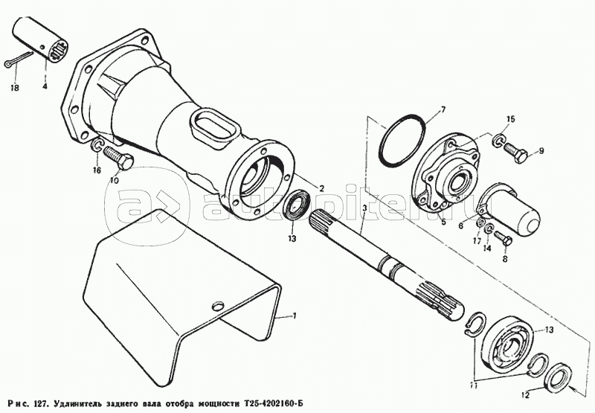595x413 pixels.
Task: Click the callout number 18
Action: pos(13,88)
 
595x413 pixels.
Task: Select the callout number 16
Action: pos(96,170)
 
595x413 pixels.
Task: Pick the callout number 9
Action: pos(541,151)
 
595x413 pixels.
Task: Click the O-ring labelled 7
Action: pos(402,138)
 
